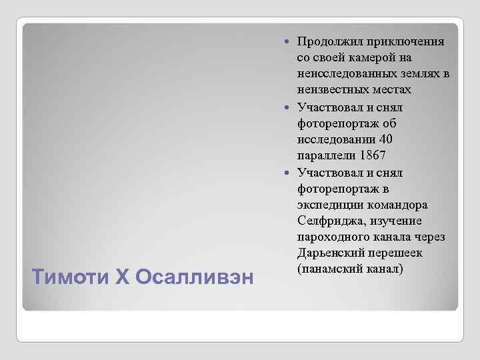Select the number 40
coord(385,140)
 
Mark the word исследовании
coord(336,140)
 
